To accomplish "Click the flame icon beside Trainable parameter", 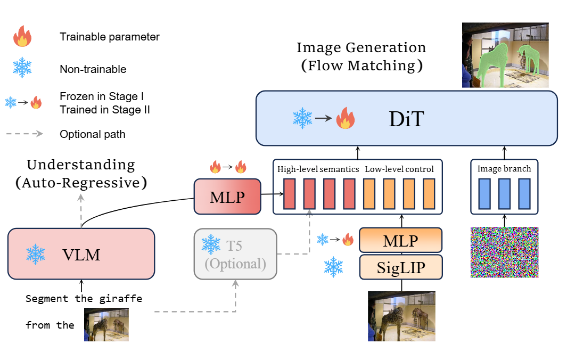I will click(23, 37).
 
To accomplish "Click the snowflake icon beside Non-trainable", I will click(22, 68).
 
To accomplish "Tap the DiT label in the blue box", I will click(406, 119).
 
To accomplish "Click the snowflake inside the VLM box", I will click(36, 254).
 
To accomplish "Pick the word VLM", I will click(81, 255).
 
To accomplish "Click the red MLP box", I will click(228, 197).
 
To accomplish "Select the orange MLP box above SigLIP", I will click(401, 241).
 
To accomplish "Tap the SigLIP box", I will click(401, 266).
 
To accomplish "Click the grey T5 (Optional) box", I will click(236, 254).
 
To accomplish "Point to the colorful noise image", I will click(505, 252).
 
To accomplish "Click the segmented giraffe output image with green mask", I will click(505, 55).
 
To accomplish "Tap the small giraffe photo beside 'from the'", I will click(106, 324).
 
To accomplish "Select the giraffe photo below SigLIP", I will click(401, 315).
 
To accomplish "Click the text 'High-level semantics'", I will click(318, 169).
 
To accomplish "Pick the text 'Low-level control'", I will click(399, 169).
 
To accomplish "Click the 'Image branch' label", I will click(504, 169).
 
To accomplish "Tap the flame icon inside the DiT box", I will click(344, 119).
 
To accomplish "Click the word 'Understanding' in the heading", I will click(81, 165).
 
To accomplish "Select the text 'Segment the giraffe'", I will click(84, 299).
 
